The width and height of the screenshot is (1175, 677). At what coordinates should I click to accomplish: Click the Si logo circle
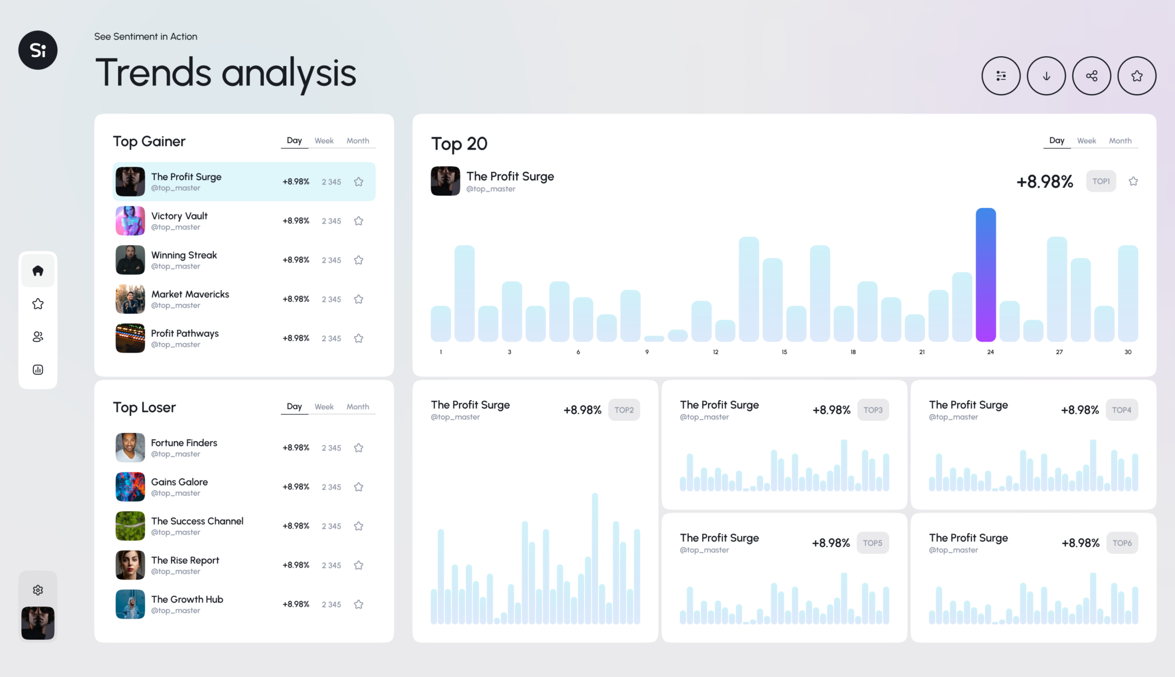38,50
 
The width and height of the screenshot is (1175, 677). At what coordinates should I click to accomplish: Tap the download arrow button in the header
1046,76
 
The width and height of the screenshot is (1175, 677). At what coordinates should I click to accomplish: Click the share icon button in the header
1091,76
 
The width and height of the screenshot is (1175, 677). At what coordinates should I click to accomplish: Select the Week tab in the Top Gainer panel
324,141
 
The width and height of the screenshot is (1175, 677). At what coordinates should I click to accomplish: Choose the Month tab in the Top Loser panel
357,407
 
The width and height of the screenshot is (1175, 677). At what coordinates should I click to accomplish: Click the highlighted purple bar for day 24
986,275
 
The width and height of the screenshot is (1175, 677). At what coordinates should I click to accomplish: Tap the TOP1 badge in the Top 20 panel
1100,181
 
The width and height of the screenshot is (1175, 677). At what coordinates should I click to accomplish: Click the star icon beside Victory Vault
359,221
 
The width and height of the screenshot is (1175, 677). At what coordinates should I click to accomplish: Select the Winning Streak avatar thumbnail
130,260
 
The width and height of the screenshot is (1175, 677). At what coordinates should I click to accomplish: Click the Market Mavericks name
190,294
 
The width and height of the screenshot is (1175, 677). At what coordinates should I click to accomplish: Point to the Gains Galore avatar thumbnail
130,487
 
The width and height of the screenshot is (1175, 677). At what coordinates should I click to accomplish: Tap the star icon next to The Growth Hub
359,604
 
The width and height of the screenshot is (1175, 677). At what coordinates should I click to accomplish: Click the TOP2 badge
624,410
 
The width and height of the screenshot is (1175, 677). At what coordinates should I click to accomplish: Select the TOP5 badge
872,543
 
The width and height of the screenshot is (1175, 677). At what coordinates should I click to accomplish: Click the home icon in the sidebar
38,271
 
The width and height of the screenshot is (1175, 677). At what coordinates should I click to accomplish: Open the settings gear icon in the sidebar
38,590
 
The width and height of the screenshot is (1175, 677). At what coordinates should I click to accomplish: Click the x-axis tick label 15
784,352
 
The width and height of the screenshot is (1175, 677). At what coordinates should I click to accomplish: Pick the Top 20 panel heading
459,144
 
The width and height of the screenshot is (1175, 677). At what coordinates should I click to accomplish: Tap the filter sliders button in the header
1001,76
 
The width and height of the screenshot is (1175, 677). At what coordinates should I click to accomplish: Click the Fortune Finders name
184,443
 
